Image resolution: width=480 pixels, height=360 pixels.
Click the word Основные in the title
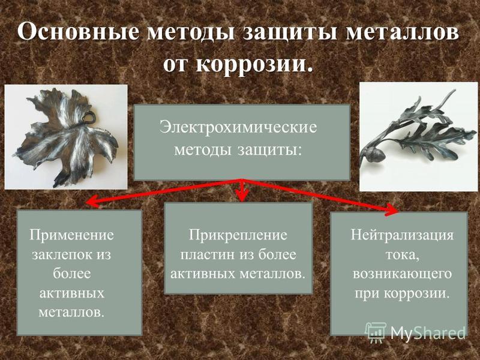tap(78, 32)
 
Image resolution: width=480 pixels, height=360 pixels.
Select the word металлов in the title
tap(402, 32)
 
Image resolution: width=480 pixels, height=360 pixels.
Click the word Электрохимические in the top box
tap(238, 127)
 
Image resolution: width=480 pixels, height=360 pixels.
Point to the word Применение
tap(71, 235)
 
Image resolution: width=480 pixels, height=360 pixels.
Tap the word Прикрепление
tap(238, 235)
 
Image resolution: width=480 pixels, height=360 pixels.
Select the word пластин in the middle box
tap(208, 254)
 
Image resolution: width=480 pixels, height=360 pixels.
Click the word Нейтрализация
tap(402, 235)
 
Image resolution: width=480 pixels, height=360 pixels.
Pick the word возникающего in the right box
tap(402, 274)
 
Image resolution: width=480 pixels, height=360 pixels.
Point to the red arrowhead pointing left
tap(92, 202)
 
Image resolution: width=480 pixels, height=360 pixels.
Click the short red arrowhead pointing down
tap(242, 196)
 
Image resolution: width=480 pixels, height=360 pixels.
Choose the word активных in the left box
tap(71, 293)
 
